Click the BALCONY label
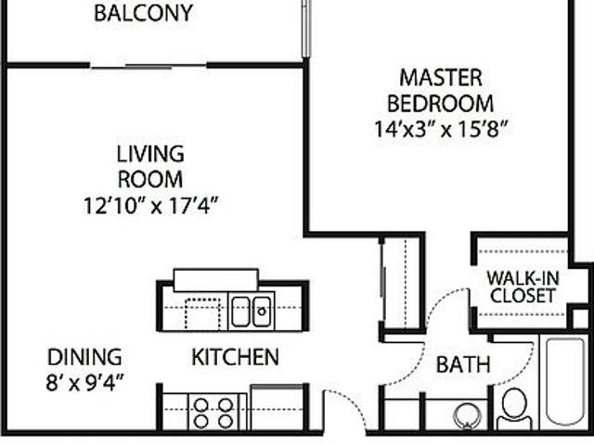coord(143,13)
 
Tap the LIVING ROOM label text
coord(150,167)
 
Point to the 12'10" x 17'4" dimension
coord(150,206)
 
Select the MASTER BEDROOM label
coord(441,91)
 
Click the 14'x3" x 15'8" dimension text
coord(441,129)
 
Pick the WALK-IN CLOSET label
coord(523,287)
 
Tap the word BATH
coord(463,364)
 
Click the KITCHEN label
coord(235,357)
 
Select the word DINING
coord(84,357)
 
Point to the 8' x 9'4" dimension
coord(84,383)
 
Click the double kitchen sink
coord(252,311)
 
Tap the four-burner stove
coord(213,413)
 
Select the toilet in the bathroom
coord(514,410)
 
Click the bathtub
coord(565,382)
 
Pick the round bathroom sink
coord(467,416)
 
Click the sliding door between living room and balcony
coord(148,68)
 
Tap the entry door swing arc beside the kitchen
coord(351,403)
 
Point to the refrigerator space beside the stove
coord(278,408)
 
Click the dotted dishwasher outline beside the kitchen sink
coord(203,313)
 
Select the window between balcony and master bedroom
coord(306,29)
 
